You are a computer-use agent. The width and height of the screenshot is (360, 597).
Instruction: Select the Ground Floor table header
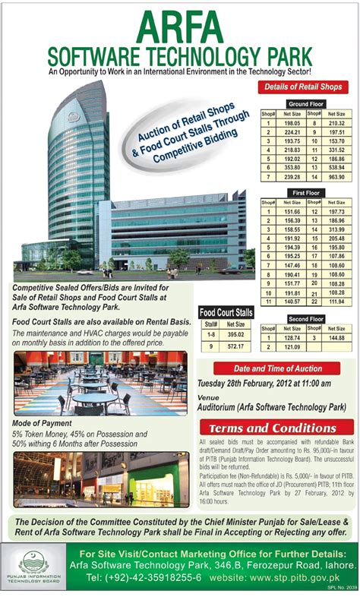click(x=305, y=103)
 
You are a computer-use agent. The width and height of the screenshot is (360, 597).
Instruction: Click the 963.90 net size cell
click(x=336, y=175)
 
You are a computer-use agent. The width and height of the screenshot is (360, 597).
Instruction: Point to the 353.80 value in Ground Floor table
click(x=292, y=166)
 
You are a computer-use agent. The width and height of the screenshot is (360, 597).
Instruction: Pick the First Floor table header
click(x=305, y=193)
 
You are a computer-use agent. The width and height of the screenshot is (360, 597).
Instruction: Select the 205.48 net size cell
click(x=336, y=238)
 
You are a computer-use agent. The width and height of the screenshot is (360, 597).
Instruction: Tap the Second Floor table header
click(x=305, y=319)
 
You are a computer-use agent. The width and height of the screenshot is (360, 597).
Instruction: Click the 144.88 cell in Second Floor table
click(x=336, y=337)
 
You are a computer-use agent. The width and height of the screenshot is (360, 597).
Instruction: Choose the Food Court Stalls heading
click(x=226, y=312)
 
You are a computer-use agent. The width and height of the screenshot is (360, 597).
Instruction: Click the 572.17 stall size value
click(x=235, y=346)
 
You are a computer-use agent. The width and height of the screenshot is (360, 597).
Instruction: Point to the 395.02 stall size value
click(x=235, y=334)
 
